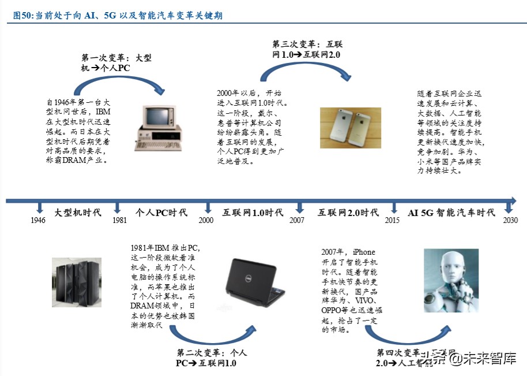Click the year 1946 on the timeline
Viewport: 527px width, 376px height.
pos(39,220)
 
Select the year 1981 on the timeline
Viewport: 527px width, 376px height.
pos(120,220)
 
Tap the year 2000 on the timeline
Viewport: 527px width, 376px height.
pos(206,220)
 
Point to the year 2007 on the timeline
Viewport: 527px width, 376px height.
pos(297,220)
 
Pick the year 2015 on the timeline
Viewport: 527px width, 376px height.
pos(392,220)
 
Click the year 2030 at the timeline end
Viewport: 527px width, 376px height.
pos(510,220)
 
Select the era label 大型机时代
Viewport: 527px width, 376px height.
pos(78,213)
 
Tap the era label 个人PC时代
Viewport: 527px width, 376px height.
pos(161,213)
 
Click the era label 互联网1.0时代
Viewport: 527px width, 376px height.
pos(253,213)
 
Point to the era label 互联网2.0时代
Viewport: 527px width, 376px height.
pos(348,213)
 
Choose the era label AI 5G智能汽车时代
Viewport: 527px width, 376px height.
pos(451,213)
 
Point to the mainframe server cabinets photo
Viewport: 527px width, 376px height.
pos(77,281)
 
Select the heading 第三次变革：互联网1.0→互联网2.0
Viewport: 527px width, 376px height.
pos(306,49)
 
